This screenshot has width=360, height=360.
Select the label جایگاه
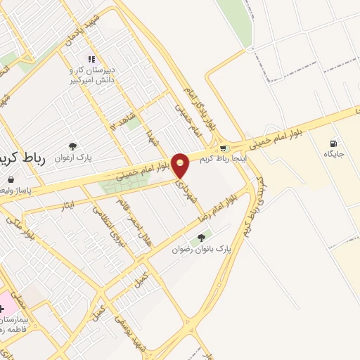click(334, 153)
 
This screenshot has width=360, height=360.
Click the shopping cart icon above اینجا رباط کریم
click(223, 148)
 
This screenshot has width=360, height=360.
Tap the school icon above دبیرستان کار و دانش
click(91, 59)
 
